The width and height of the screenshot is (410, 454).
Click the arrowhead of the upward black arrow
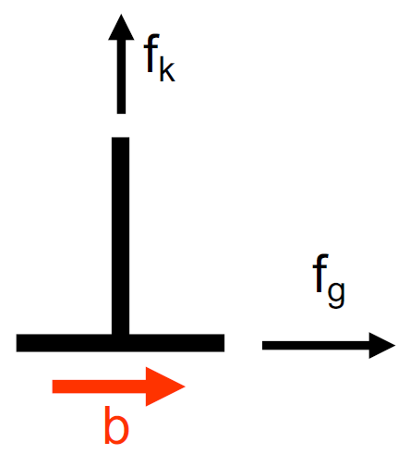pyautogui.click(x=121, y=30)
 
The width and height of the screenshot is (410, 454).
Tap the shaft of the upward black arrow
pyautogui.click(x=121, y=77)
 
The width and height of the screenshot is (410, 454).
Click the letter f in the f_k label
pyautogui.click(x=151, y=53)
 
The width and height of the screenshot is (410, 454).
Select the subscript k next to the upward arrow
pyautogui.click(x=167, y=70)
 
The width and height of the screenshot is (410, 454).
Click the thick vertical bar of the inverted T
pyautogui.click(x=120, y=236)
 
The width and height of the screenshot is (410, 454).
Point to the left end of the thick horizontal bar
pyautogui.click(x=17, y=343)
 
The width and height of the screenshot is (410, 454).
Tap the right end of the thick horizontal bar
pyautogui.click(x=224, y=343)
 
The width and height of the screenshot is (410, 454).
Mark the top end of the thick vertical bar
pyautogui.click(x=120, y=138)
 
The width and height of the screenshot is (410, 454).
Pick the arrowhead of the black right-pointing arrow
pyautogui.click(x=381, y=346)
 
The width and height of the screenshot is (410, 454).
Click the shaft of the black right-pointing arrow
pyautogui.click(x=316, y=346)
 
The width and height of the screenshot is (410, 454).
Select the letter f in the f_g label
pyautogui.click(x=320, y=274)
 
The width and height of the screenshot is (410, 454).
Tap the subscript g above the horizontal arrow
pyautogui.click(x=336, y=294)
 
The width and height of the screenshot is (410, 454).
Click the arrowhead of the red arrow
pyautogui.click(x=165, y=387)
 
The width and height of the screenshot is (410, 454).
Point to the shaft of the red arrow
pyautogui.click(x=99, y=387)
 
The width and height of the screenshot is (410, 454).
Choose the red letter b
pyautogui.click(x=116, y=425)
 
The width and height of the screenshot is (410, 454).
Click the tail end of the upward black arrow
pyautogui.click(x=121, y=114)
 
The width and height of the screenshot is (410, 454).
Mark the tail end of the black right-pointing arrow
pyautogui.click(x=262, y=346)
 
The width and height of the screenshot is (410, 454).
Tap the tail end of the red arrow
pyautogui.click(x=53, y=387)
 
